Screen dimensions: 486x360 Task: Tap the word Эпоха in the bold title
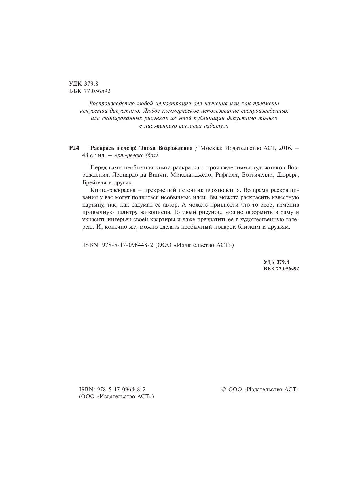[147, 148]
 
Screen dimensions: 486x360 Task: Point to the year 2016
[285, 148]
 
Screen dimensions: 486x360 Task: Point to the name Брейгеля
[94, 182]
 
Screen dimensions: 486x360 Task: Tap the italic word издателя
[216, 126]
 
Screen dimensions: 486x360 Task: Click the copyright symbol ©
[223, 390]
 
